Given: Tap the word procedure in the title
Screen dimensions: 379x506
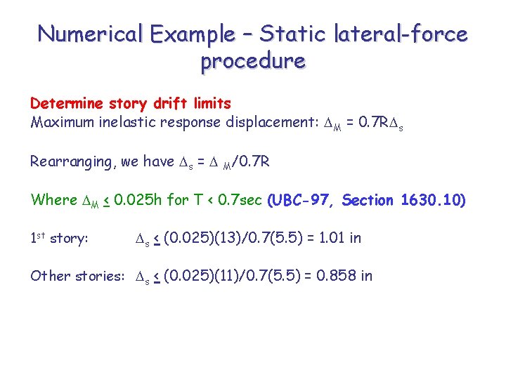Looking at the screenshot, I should pyautogui.click(x=253, y=61).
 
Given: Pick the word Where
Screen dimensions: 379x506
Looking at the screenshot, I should pyautogui.click(x=53, y=200).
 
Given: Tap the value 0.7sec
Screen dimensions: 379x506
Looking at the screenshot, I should pyautogui.click(x=236, y=200).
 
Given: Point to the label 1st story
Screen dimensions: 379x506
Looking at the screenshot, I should pyautogui.click(x=59, y=239).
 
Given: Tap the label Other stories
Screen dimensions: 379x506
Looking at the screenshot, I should pyautogui.click(x=77, y=276).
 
